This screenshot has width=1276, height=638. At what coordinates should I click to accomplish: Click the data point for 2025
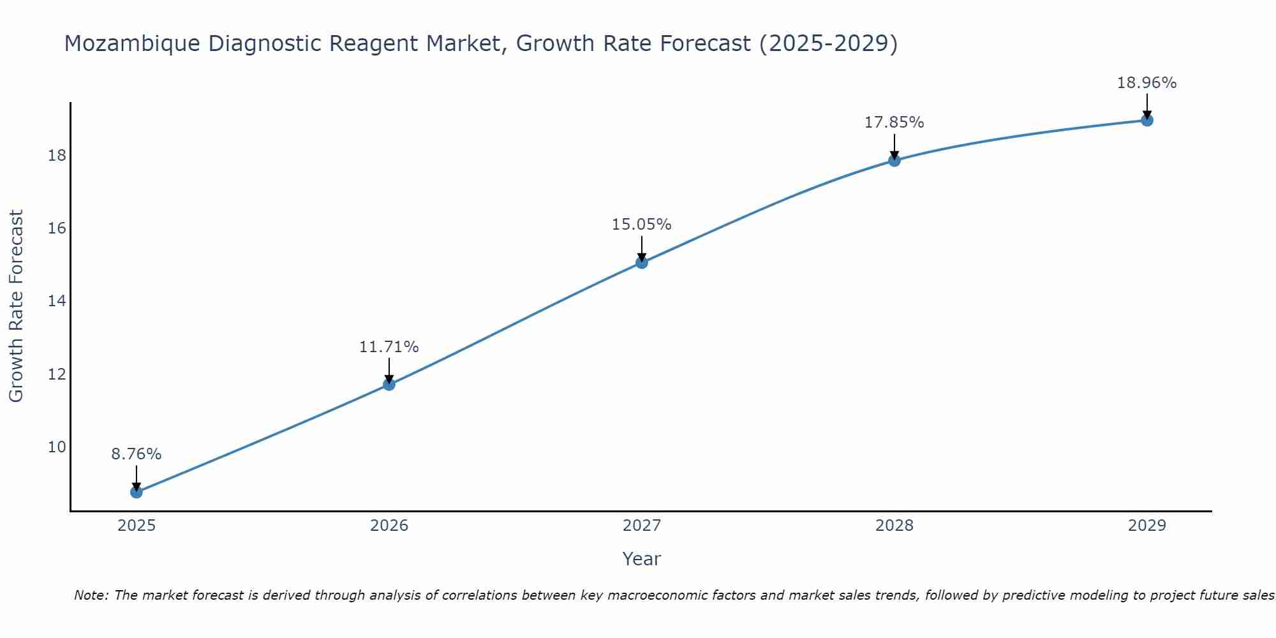(x=137, y=492)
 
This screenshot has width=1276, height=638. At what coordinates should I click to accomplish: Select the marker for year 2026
(x=389, y=384)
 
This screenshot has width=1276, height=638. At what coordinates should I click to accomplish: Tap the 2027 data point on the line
(x=642, y=262)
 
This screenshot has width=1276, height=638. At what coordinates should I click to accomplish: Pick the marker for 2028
(x=894, y=160)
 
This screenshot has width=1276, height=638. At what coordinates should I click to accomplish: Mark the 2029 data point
(x=1146, y=120)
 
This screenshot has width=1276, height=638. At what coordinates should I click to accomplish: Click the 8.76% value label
(x=137, y=454)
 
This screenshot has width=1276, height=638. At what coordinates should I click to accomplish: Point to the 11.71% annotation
(x=389, y=347)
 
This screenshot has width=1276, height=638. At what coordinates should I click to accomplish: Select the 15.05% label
(x=642, y=225)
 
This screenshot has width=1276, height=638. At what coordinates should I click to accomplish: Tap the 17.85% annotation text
(x=894, y=122)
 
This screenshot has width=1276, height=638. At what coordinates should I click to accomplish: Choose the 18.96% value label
(x=1146, y=83)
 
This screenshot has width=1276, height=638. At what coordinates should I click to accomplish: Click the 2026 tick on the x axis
(x=389, y=526)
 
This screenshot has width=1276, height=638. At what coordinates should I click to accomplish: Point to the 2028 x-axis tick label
(x=894, y=526)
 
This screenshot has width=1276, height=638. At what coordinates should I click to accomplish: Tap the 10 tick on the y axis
(x=57, y=447)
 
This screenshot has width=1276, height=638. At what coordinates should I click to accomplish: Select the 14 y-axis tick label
(x=57, y=301)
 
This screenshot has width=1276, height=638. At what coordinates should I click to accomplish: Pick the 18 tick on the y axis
(x=57, y=156)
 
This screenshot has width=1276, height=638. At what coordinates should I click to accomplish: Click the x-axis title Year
(x=641, y=559)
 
